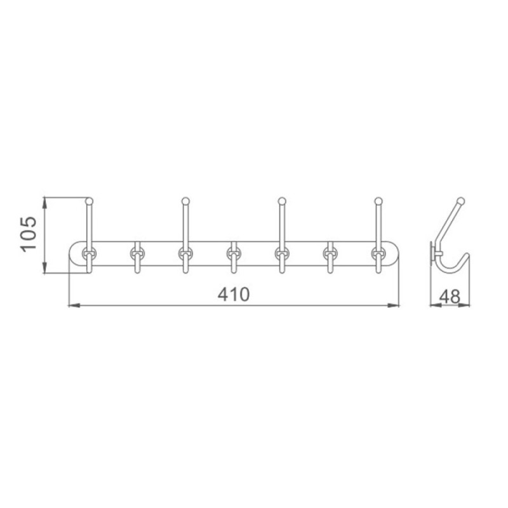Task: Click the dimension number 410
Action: click(234, 295)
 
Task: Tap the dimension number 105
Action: click(29, 234)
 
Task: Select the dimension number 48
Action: click(450, 296)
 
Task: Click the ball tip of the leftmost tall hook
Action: click(89, 201)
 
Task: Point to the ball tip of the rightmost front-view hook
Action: click(378, 201)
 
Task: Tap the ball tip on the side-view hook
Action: click(460, 201)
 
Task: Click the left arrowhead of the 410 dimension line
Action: click(74, 305)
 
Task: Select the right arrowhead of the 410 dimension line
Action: click(394, 305)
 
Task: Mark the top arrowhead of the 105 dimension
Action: click(44, 203)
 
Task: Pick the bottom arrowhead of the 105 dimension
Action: click(44, 268)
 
